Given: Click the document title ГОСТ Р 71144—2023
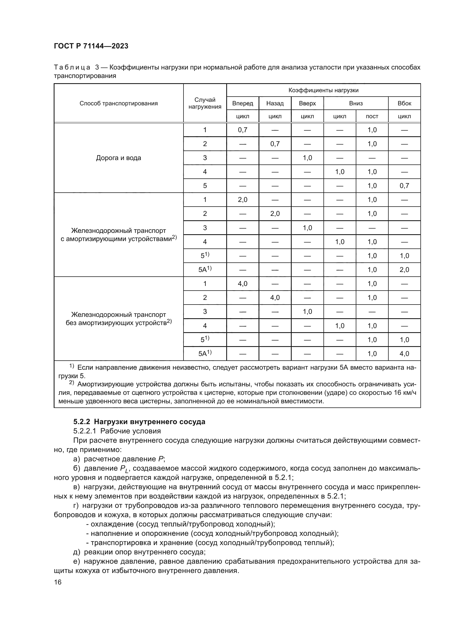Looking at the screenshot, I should pos(91,46).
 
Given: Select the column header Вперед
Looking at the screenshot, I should pos(242,103).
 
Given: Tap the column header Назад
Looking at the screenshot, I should pos(275,103).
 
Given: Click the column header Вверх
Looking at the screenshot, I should pos(307,103).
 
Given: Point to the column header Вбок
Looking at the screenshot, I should pos(404,103).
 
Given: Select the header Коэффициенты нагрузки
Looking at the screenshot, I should pos(323,90).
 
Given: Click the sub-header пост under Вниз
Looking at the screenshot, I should pos(372,117).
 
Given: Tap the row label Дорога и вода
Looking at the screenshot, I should pos(119,158).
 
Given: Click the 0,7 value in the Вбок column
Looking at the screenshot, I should pos(404,186).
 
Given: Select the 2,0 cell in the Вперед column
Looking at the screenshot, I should pos(242,199).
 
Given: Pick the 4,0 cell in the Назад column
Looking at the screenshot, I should pos(275,298).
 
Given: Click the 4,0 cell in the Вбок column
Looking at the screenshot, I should pos(404,354).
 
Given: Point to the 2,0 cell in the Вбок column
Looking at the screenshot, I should pos(404,270).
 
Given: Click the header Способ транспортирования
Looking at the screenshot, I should pos(119,103).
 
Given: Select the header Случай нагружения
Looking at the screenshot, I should pos(205,103).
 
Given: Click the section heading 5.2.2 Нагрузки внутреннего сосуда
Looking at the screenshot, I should pos(139,422).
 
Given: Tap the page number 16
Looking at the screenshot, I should pos(58,582).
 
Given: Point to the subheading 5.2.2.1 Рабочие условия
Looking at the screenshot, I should pos(117,431).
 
